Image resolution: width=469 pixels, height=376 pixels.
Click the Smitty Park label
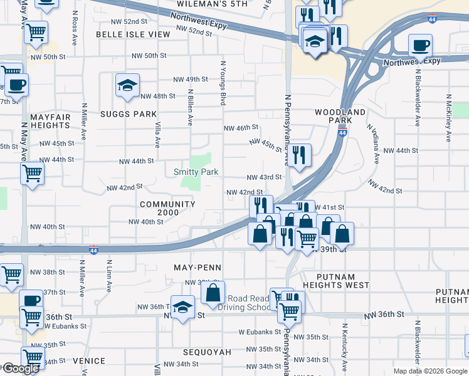(x=196, y=172)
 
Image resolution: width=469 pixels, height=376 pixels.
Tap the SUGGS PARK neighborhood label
(x=128, y=114)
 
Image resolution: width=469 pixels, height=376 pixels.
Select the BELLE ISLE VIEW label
(x=133, y=34)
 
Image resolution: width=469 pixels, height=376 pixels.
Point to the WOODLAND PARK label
(x=340, y=116)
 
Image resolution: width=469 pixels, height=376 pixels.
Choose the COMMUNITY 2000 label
(x=168, y=209)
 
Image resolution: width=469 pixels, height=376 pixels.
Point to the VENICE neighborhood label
(x=88, y=362)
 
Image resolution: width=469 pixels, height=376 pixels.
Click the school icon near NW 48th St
(x=128, y=86)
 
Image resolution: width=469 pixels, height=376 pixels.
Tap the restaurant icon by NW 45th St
(x=299, y=155)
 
